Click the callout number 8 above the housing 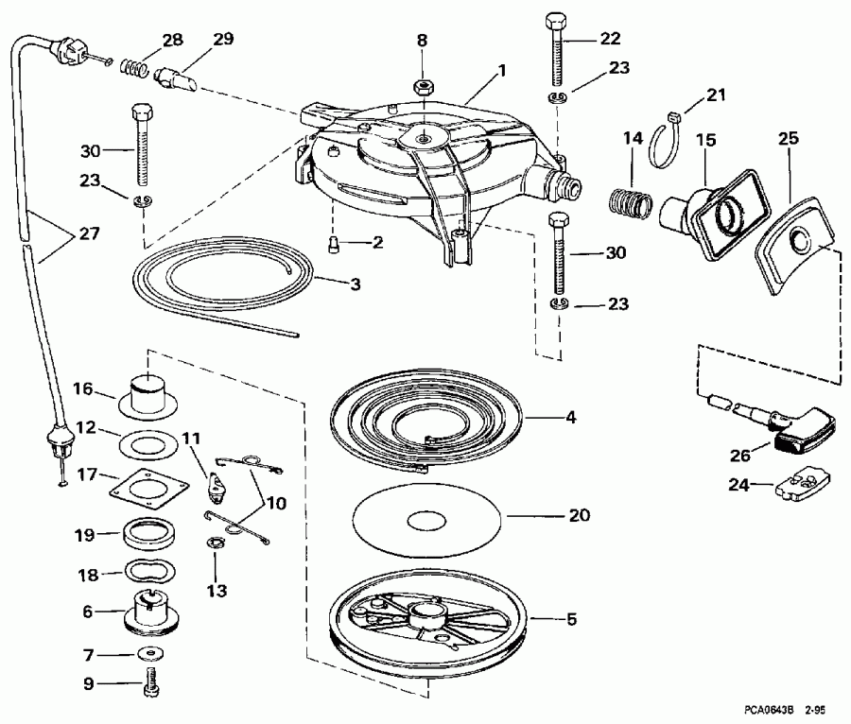tap(423, 41)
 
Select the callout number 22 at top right tap(611, 38)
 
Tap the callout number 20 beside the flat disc tap(579, 515)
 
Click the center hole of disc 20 tap(425, 520)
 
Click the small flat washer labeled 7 tap(148, 654)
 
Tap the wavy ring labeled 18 tap(145, 573)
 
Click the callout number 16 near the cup tap(84, 388)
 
